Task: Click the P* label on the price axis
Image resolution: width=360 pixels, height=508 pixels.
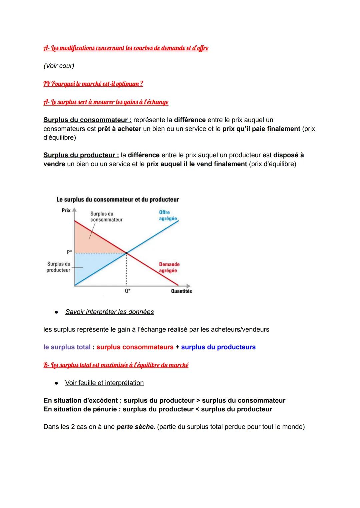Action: (x=69, y=253)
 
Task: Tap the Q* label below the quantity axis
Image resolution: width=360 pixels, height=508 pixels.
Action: (x=127, y=291)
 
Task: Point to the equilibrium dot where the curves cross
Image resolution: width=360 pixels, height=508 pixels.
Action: (x=126, y=254)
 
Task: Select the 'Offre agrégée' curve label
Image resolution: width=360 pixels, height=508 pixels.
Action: (x=168, y=215)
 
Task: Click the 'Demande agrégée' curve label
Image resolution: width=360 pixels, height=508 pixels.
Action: (x=169, y=267)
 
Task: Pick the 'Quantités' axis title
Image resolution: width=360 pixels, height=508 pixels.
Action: (x=181, y=291)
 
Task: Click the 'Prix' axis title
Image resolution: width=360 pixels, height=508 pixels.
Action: (x=66, y=210)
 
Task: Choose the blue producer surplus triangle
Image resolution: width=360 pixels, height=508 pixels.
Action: (x=90, y=266)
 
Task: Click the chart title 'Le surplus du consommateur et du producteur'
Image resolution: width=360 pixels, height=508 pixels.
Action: (x=117, y=200)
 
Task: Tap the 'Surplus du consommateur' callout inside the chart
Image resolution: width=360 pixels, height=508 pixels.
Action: (x=106, y=217)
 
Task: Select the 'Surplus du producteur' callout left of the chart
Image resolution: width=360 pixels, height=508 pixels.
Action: (x=58, y=267)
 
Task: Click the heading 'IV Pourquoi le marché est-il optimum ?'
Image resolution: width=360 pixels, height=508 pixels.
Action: (x=93, y=84)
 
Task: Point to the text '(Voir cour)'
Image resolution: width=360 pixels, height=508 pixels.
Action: (x=59, y=66)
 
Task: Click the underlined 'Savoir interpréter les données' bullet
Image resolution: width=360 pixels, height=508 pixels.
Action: (x=109, y=312)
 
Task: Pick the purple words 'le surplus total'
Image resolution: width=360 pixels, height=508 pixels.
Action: (x=67, y=347)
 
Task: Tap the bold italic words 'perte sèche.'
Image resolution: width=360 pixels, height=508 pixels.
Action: (x=136, y=427)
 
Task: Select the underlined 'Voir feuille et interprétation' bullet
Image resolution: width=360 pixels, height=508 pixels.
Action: (x=104, y=383)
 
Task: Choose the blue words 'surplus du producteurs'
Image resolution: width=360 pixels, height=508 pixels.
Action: (x=218, y=347)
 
